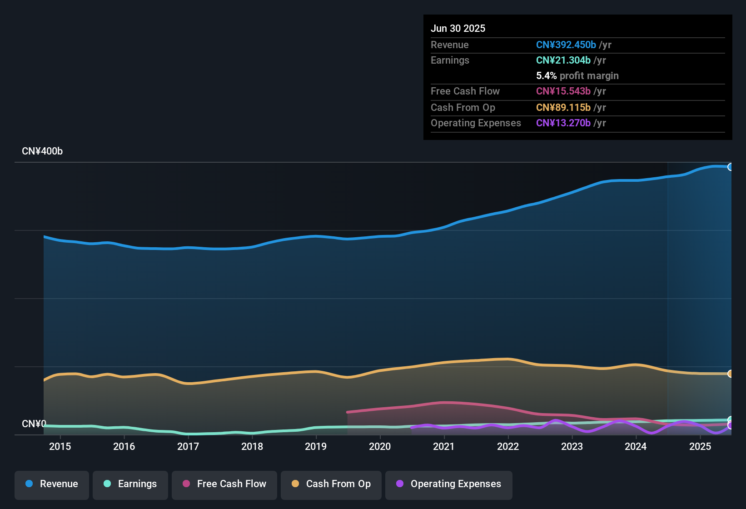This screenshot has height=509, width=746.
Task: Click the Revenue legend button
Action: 51,484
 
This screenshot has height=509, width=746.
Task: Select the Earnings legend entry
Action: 130,484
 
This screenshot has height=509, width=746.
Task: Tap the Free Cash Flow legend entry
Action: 224,484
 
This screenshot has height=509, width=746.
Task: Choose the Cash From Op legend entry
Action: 331,484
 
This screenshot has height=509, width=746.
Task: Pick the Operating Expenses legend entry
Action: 448,484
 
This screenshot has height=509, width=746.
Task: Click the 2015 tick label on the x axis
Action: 60,447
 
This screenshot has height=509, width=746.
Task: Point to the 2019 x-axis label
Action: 316,447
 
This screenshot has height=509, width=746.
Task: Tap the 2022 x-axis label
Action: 508,447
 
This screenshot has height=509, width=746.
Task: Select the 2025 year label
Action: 700,447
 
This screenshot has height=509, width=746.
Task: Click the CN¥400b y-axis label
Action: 42,151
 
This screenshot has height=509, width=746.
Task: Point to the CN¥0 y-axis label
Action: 34,424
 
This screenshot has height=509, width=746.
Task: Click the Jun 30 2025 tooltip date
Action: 458,29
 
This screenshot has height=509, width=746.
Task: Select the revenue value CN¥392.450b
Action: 566,45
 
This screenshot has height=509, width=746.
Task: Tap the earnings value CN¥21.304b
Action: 563,60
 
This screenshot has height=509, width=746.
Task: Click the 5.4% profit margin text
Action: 577,76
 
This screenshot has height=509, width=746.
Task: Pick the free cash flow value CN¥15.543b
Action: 563,91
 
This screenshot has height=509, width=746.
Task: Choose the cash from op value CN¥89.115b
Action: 563,108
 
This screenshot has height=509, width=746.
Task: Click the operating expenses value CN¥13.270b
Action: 563,123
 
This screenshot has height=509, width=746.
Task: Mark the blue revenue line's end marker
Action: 731,167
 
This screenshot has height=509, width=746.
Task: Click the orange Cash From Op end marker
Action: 731,374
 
